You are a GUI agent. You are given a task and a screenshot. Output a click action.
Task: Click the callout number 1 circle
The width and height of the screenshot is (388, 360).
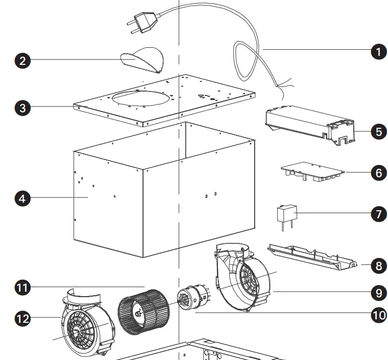[x=378, y=52]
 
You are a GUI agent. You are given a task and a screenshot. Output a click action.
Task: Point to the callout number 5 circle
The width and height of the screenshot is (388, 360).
[x=378, y=132]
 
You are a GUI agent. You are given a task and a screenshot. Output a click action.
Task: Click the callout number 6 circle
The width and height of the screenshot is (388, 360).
[x=378, y=172]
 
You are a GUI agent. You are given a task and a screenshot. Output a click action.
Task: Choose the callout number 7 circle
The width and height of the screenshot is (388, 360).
[x=378, y=214]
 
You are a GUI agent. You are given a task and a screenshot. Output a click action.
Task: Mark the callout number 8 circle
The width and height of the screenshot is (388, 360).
[x=378, y=265]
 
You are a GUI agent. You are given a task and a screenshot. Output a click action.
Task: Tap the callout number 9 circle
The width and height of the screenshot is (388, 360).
[x=378, y=292]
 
